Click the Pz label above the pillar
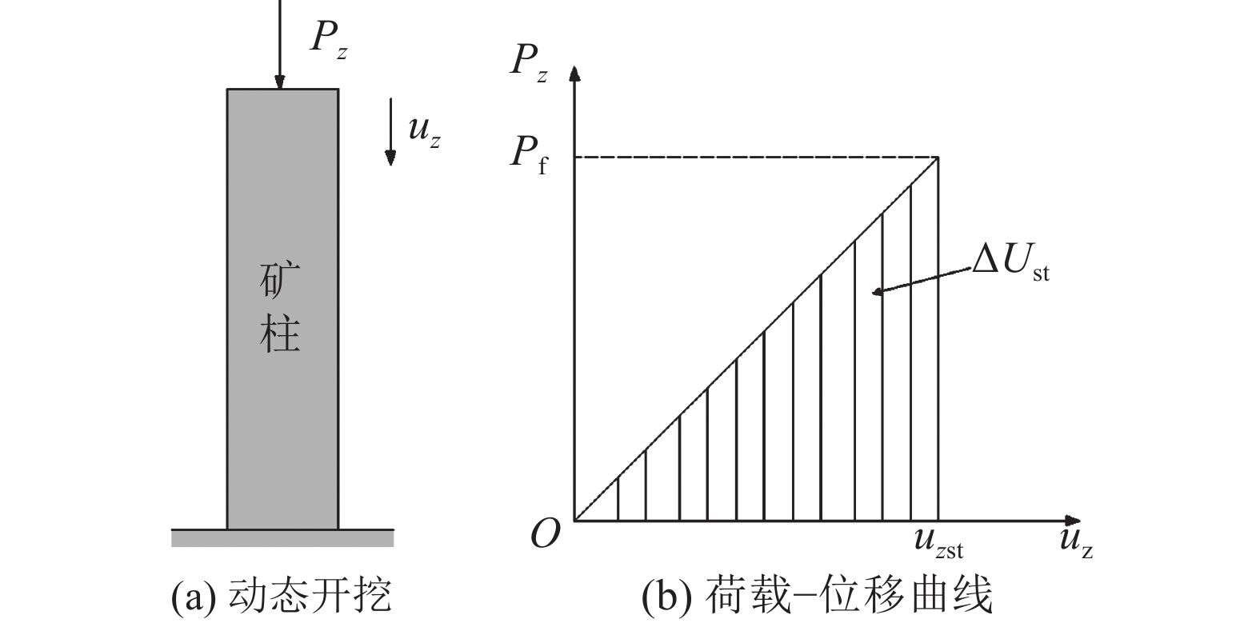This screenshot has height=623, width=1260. pyautogui.click(x=329, y=39)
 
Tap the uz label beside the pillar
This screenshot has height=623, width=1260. pyautogui.click(x=424, y=132)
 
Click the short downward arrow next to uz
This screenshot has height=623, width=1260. pyautogui.click(x=390, y=132)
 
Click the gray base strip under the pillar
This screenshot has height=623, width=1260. pyautogui.click(x=282, y=538)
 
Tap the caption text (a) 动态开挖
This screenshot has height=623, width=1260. pyautogui.click(x=282, y=595)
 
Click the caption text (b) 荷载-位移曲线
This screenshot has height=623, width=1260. pyautogui.click(x=817, y=595)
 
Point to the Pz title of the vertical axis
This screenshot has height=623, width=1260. pyautogui.click(x=529, y=63)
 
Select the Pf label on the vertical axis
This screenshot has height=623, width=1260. pyautogui.click(x=528, y=155)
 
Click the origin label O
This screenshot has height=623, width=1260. pyautogui.click(x=545, y=533)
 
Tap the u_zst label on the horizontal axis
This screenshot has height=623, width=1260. pyautogui.click(x=938, y=543)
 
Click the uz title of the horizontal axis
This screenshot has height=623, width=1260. pyautogui.click(x=1076, y=543)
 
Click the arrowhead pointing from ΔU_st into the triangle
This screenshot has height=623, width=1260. pyautogui.click(x=878, y=291)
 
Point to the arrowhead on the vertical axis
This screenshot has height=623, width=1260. pyautogui.click(x=574, y=73)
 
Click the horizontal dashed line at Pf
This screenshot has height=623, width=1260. pyautogui.click(x=756, y=158)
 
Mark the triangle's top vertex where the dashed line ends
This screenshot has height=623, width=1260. pyautogui.click(x=938, y=158)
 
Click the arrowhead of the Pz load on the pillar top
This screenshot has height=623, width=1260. pyautogui.click(x=279, y=82)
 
